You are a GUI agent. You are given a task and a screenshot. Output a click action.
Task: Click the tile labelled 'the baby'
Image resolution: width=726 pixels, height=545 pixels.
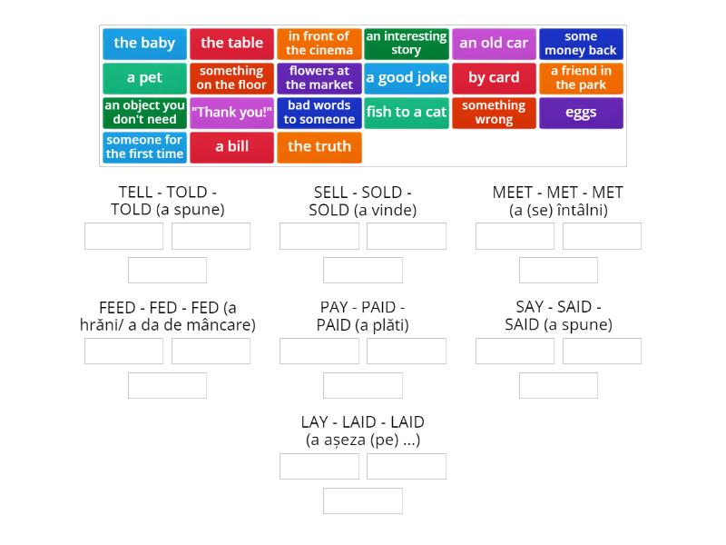click(x=145, y=44)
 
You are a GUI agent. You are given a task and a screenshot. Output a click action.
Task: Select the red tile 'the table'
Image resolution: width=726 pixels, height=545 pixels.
click(x=232, y=44)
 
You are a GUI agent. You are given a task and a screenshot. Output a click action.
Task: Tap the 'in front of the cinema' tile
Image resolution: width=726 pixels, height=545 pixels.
click(x=319, y=44)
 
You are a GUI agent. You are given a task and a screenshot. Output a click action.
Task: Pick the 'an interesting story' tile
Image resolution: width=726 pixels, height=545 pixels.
click(x=407, y=44)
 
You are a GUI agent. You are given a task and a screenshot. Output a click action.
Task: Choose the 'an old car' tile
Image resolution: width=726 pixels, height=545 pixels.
click(x=494, y=44)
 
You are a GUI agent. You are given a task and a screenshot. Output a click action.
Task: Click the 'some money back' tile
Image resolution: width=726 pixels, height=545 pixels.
click(x=581, y=44)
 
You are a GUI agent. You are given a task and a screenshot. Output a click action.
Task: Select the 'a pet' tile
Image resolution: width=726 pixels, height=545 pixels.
click(x=145, y=78)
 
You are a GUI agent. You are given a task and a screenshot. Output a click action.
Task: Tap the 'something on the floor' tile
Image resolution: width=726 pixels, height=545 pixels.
click(x=232, y=78)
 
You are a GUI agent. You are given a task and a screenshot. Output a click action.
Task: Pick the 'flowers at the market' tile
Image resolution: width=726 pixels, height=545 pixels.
click(x=319, y=78)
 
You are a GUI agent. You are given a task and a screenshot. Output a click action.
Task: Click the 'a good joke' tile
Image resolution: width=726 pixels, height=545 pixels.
click(x=407, y=78)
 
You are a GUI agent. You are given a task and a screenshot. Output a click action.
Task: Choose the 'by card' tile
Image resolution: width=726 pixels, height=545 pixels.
click(x=494, y=78)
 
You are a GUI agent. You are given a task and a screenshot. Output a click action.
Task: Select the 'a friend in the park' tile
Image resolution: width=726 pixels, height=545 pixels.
click(x=581, y=78)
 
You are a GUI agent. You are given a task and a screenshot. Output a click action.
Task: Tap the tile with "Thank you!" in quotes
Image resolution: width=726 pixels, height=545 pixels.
click(x=232, y=113)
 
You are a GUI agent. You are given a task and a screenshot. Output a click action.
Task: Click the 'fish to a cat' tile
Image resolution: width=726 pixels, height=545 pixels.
click(x=407, y=113)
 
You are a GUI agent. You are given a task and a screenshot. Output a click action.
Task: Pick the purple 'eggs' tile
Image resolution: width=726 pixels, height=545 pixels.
click(x=581, y=113)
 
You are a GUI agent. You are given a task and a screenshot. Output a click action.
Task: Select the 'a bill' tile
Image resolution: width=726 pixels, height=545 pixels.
click(x=232, y=147)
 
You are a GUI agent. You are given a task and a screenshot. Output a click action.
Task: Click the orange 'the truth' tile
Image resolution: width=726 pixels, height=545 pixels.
click(x=319, y=147)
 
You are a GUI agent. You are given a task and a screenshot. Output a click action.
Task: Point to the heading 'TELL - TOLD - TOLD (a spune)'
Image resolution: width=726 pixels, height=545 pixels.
click(x=168, y=201)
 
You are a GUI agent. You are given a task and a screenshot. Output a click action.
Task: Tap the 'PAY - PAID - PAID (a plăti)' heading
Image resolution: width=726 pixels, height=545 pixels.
click(x=363, y=316)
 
